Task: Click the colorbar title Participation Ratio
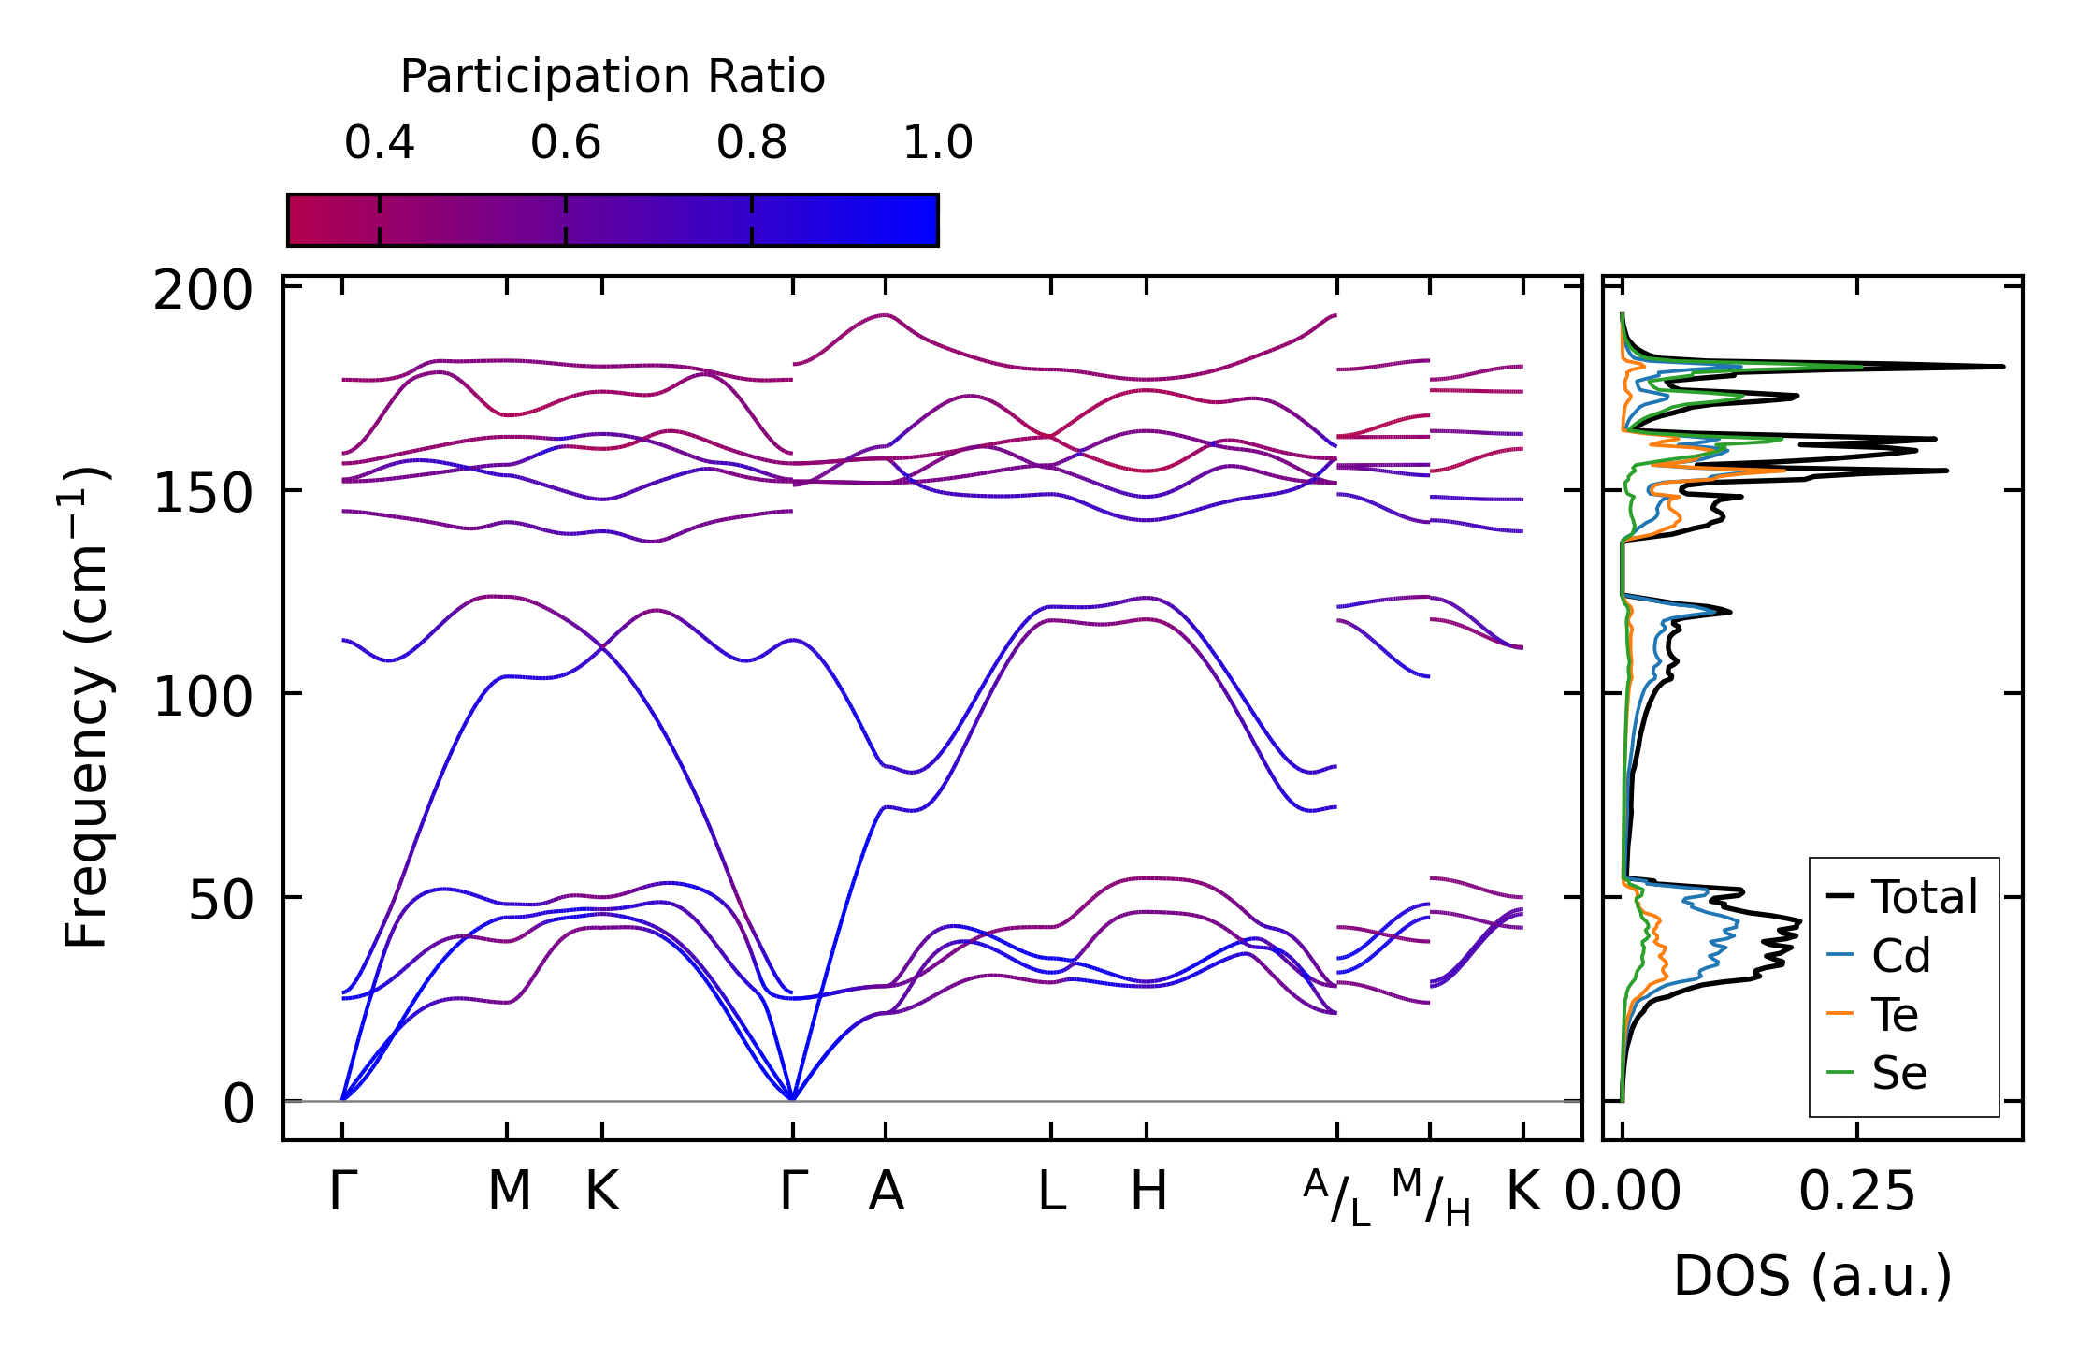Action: point(613,77)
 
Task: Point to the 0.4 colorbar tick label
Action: point(379,143)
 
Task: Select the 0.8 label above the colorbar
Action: point(751,143)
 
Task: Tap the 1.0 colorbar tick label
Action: point(937,143)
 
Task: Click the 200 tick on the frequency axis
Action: point(203,291)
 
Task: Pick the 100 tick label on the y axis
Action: point(203,698)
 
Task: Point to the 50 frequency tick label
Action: point(221,901)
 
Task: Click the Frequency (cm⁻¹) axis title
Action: point(86,707)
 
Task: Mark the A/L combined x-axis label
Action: point(1336,1198)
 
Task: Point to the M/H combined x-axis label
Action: point(1431,1198)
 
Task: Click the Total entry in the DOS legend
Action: point(1924,897)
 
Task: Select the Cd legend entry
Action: point(1899,956)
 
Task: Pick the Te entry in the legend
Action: point(1894,1015)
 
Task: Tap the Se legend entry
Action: point(1898,1073)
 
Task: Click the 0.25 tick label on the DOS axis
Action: point(1856,1193)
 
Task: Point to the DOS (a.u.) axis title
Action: point(1812,1276)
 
